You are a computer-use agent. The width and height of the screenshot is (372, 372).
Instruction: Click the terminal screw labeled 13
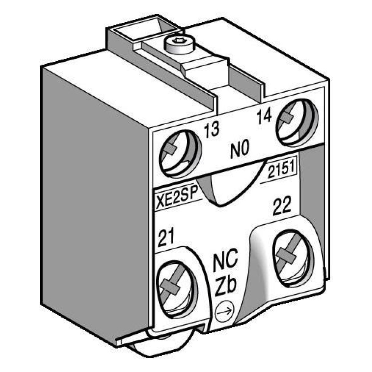tap(178, 153)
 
